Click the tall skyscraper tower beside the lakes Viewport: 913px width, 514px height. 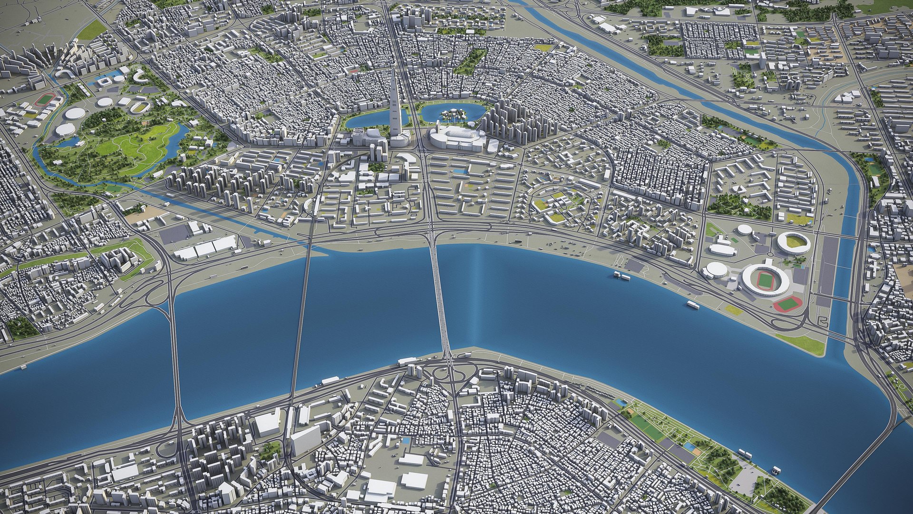click(394, 109)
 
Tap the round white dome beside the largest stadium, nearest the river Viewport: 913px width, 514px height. click(715, 270)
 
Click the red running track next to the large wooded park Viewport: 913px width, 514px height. click(46, 99)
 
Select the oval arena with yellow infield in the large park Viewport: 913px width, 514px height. click(139, 107)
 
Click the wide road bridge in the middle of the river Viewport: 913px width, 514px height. click(439, 295)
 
